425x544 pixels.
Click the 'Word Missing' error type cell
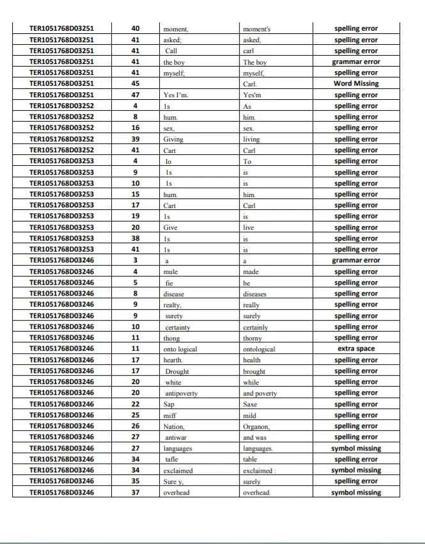pyautogui.click(x=356, y=84)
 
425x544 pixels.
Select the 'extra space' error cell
pyautogui.click(x=356, y=349)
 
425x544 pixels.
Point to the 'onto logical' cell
pyautogui.click(x=180, y=349)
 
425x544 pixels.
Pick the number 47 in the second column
pyautogui.click(x=135, y=95)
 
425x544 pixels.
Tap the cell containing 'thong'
pyautogui.click(x=172, y=338)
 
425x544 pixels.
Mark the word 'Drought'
pyautogui.click(x=177, y=371)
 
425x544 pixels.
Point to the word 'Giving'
pyautogui.click(x=173, y=140)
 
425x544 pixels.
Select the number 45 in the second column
pyautogui.click(x=135, y=84)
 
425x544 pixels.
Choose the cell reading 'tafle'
pyautogui.click(x=171, y=460)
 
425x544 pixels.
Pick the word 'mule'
pyautogui.click(x=171, y=272)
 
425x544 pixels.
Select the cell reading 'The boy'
pyautogui.click(x=255, y=62)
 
